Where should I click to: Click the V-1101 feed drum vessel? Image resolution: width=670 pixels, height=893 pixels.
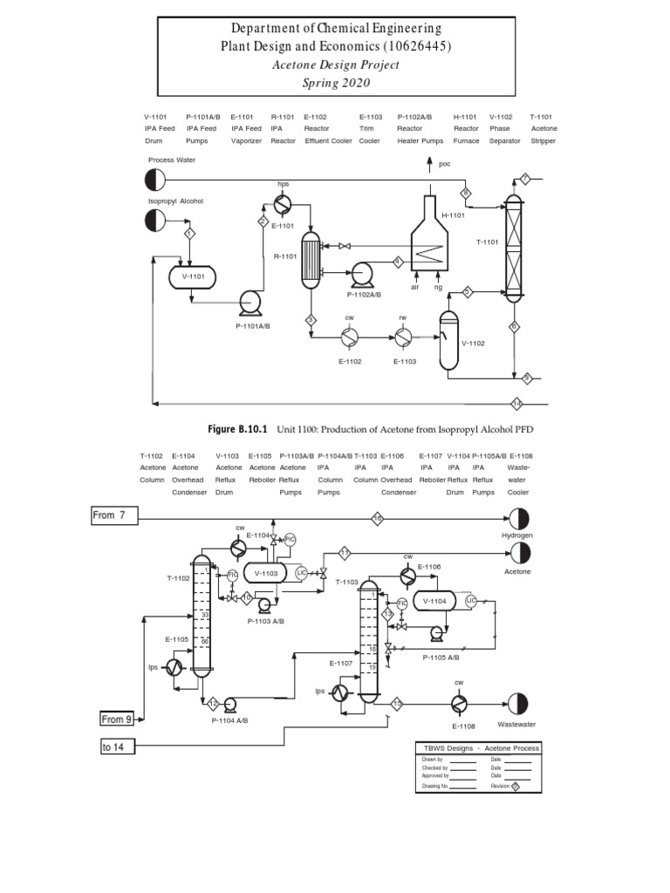[191, 277]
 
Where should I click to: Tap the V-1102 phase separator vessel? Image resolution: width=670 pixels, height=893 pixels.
[449, 341]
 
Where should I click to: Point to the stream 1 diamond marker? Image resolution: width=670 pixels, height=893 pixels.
[189, 234]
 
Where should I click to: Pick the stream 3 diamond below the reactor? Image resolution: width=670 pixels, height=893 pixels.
[311, 321]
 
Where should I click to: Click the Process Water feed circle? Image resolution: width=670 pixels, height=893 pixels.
[156, 180]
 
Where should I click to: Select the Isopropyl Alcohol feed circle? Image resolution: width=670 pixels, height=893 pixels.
[156, 221]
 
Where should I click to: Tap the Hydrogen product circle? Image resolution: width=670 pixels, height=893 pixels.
[517, 518]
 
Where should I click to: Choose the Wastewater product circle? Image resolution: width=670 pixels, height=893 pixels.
[517, 704]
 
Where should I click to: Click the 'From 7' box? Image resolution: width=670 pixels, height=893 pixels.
[115, 515]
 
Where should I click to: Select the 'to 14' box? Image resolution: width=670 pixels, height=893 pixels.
[118, 747]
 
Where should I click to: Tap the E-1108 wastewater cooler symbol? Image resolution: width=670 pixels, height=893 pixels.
[459, 704]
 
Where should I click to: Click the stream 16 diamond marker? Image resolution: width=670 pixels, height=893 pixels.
[378, 519]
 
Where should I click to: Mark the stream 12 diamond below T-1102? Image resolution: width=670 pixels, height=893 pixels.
[213, 703]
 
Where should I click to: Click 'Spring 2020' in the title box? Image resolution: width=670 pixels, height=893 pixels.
[337, 83]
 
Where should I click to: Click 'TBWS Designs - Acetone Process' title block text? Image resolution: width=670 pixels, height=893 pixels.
[482, 748]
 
